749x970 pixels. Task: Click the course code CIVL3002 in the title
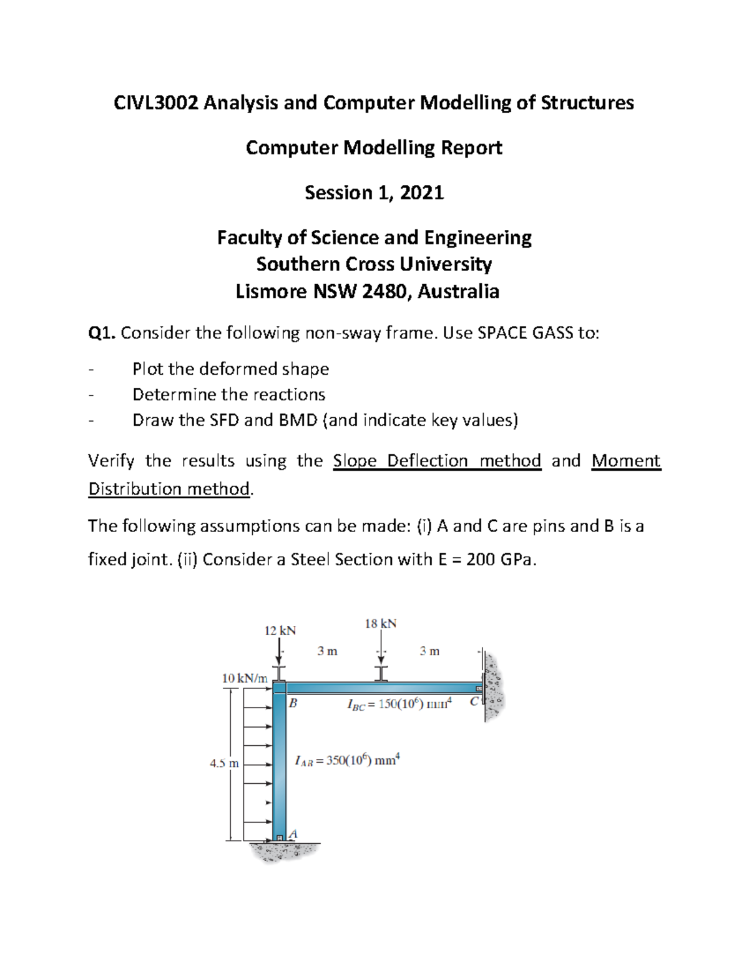pos(156,103)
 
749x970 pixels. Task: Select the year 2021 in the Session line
pos(422,193)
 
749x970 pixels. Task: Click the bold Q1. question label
pos(102,334)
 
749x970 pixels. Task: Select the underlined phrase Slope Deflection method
pos(437,461)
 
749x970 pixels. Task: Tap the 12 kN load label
pos(280,631)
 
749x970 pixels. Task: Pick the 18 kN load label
pos(381,624)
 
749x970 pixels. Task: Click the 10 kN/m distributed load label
pos(245,678)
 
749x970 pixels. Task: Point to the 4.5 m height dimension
pos(224,763)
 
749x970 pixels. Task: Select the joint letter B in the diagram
pos(293,703)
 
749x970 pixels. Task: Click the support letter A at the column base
pos(293,834)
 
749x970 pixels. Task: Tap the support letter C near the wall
pos(474,701)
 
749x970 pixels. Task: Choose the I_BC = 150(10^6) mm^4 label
pos(399,705)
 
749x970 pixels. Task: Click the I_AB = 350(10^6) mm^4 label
pos(346,761)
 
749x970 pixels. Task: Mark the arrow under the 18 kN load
pos(381,650)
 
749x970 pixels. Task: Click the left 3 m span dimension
pos(327,651)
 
